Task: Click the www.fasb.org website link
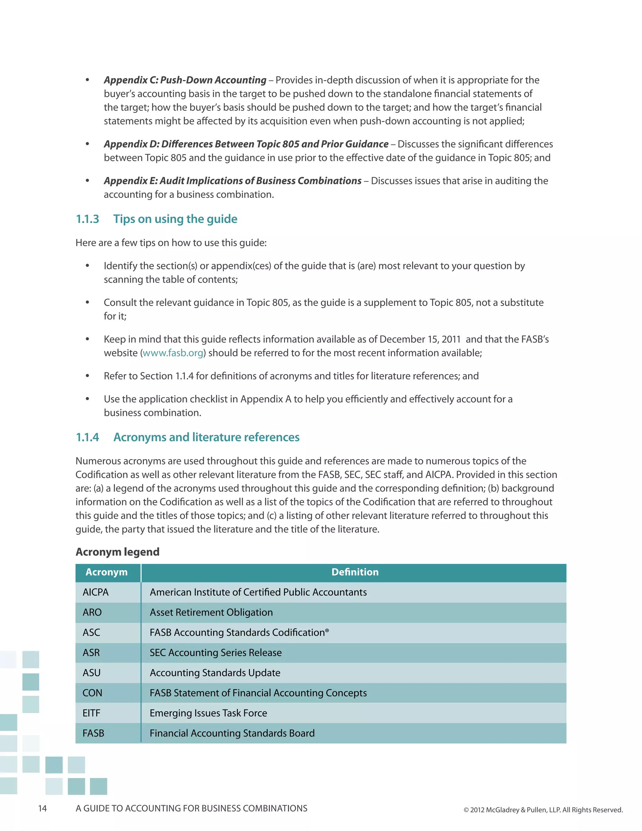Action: click(173, 353)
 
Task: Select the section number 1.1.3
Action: click(87, 219)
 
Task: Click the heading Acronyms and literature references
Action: click(206, 437)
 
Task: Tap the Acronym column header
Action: click(107, 572)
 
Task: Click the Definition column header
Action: click(355, 572)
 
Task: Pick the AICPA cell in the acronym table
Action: click(96, 592)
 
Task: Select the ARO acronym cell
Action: click(92, 613)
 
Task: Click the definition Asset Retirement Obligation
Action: click(211, 613)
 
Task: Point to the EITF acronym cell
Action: click(91, 713)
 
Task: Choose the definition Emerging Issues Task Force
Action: click(208, 713)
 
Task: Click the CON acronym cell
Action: click(92, 693)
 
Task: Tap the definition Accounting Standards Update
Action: click(215, 673)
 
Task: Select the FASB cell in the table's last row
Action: click(93, 733)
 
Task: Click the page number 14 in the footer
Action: click(42, 808)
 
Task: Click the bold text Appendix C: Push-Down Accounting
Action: click(185, 80)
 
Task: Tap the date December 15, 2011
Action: click(420, 339)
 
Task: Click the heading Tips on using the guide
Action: click(175, 219)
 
